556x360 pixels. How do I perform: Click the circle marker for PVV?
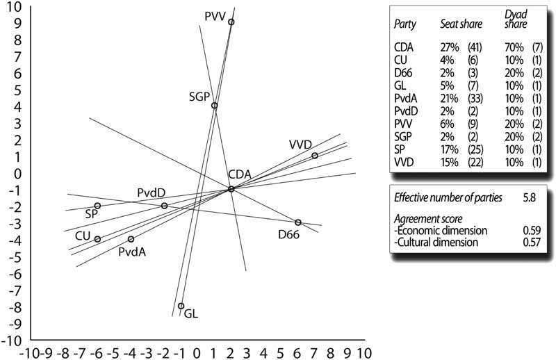coord(231,22)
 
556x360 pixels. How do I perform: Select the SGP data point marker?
coord(215,106)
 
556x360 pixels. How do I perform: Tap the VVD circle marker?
coord(315,156)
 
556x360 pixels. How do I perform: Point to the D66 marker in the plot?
coord(298,222)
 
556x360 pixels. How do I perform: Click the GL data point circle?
coord(181,306)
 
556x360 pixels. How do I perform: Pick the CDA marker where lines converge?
coord(231,189)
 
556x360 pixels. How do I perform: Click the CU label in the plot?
coord(83,236)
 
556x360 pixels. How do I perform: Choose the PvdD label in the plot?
coord(151,192)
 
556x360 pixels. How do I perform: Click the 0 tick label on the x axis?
coord(197,352)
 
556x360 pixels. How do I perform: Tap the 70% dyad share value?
coord(512,47)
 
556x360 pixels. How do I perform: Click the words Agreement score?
coord(427,218)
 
